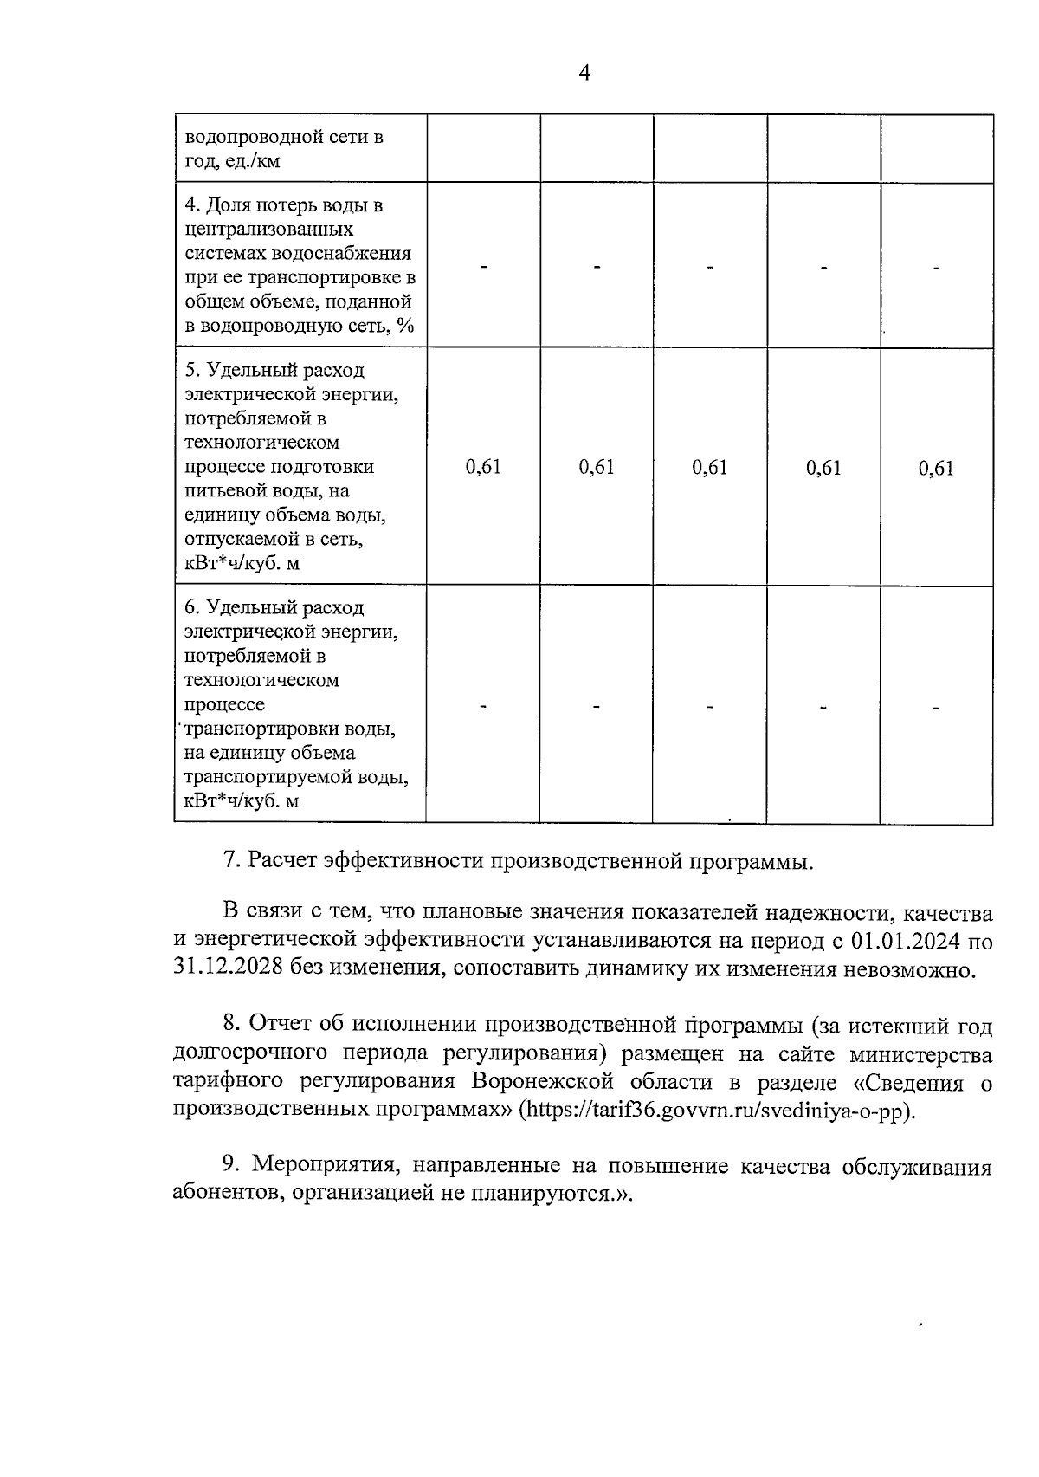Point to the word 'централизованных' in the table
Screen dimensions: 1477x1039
(269, 230)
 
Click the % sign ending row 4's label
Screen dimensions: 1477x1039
(406, 326)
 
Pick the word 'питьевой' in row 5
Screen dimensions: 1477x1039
(220, 491)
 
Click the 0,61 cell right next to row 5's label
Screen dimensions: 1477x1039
(483, 468)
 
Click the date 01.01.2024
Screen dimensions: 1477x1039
(906, 941)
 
